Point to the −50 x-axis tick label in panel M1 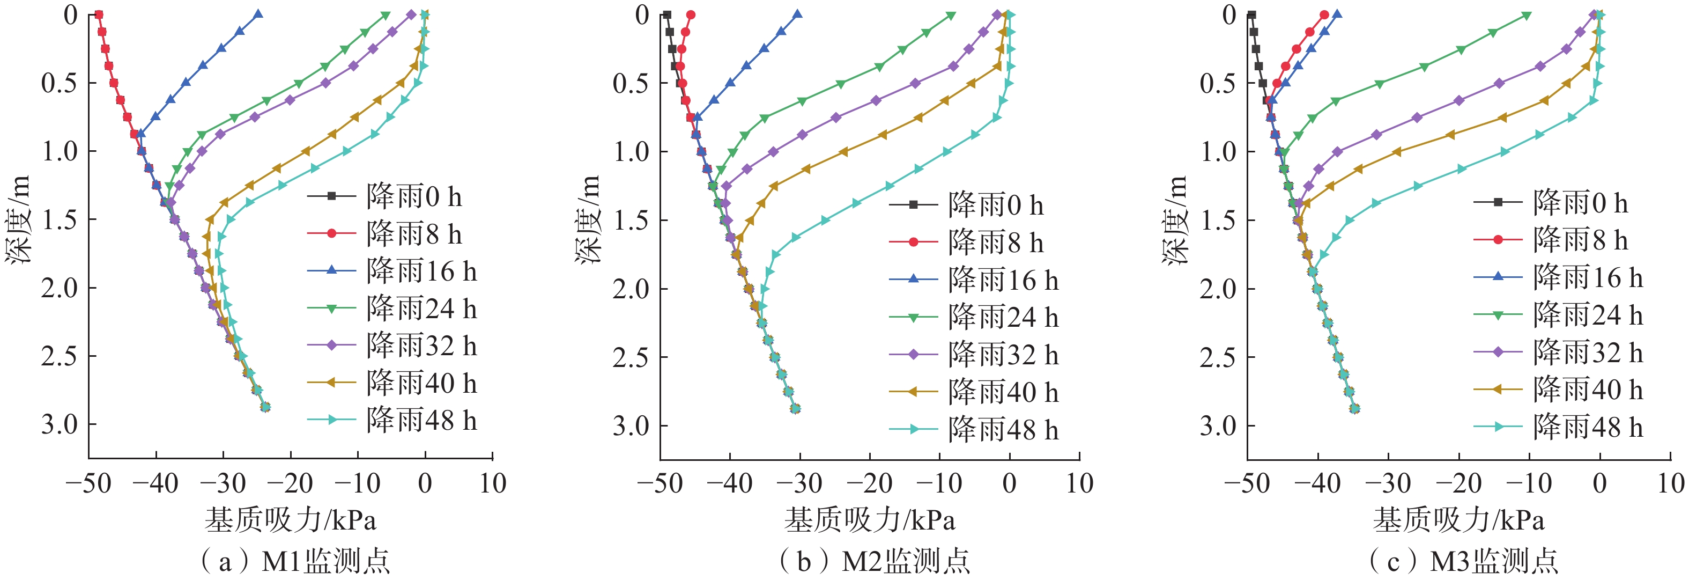pos(88,484)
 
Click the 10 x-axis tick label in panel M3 pos(1671,484)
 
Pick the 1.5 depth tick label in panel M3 pos(1218,221)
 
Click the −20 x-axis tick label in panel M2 pos(869,484)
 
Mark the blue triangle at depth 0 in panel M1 pos(258,14)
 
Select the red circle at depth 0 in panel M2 pos(691,14)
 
